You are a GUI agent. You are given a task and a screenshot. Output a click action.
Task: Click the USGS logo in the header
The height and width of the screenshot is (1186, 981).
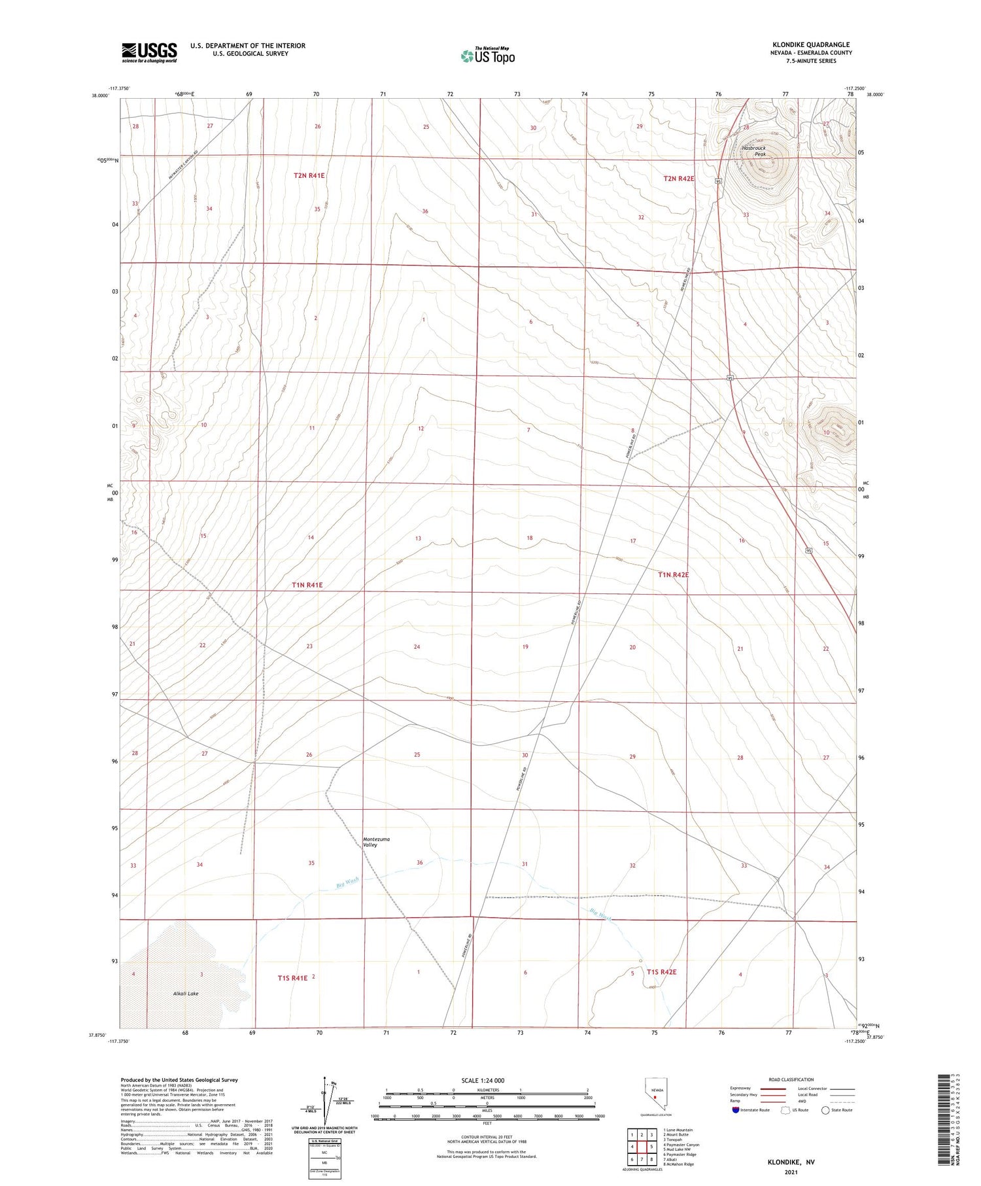pyautogui.click(x=149, y=52)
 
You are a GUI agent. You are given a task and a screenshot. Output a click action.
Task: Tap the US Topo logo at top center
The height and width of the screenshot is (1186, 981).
pyautogui.click(x=487, y=56)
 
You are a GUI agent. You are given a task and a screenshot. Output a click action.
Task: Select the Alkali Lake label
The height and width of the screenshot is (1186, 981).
pyautogui.click(x=186, y=993)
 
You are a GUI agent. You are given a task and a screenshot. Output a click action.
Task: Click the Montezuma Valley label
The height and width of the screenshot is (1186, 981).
pyautogui.click(x=370, y=842)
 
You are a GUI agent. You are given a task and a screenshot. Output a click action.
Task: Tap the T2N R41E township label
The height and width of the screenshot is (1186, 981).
pyautogui.click(x=309, y=175)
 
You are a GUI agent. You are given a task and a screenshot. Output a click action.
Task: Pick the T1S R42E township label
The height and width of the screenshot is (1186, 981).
pyautogui.click(x=661, y=972)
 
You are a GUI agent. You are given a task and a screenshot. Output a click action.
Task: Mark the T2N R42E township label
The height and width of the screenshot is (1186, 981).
pyautogui.click(x=679, y=178)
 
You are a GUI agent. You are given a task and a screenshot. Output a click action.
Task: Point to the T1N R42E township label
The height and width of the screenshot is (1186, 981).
pyautogui.click(x=673, y=574)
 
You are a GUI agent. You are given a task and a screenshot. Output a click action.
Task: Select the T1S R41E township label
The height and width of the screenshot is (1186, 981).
pyautogui.click(x=292, y=978)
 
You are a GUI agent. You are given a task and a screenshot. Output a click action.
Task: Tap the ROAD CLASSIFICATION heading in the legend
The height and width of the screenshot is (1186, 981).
pyautogui.click(x=791, y=1079)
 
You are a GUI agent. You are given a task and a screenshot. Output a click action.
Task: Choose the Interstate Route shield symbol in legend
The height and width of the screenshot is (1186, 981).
pyautogui.click(x=736, y=1109)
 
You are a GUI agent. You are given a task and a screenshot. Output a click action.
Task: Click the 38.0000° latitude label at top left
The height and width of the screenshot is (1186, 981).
pyautogui.click(x=100, y=96)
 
